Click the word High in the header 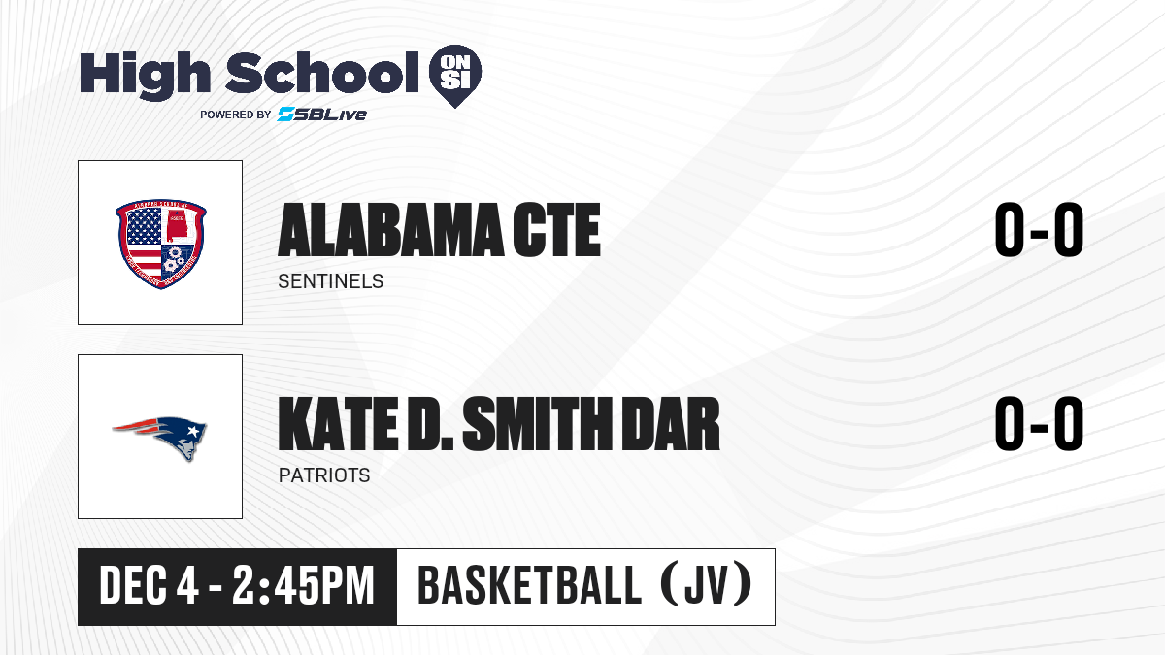pos(145,76)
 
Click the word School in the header pos(322,73)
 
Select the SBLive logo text pos(322,115)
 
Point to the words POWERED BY pos(236,115)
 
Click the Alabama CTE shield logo pos(161,244)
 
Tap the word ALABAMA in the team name pos(390,230)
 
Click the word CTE pos(556,230)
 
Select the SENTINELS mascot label pos(331,281)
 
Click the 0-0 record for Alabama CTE pos(1039,230)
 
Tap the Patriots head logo pos(160,438)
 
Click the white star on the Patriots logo pos(192,431)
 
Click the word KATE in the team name pos(338,424)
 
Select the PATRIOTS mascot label pos(324,475)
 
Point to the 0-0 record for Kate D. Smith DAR pos(1039,424)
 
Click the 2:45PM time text pos(303,586)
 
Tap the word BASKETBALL pos(529,586)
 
